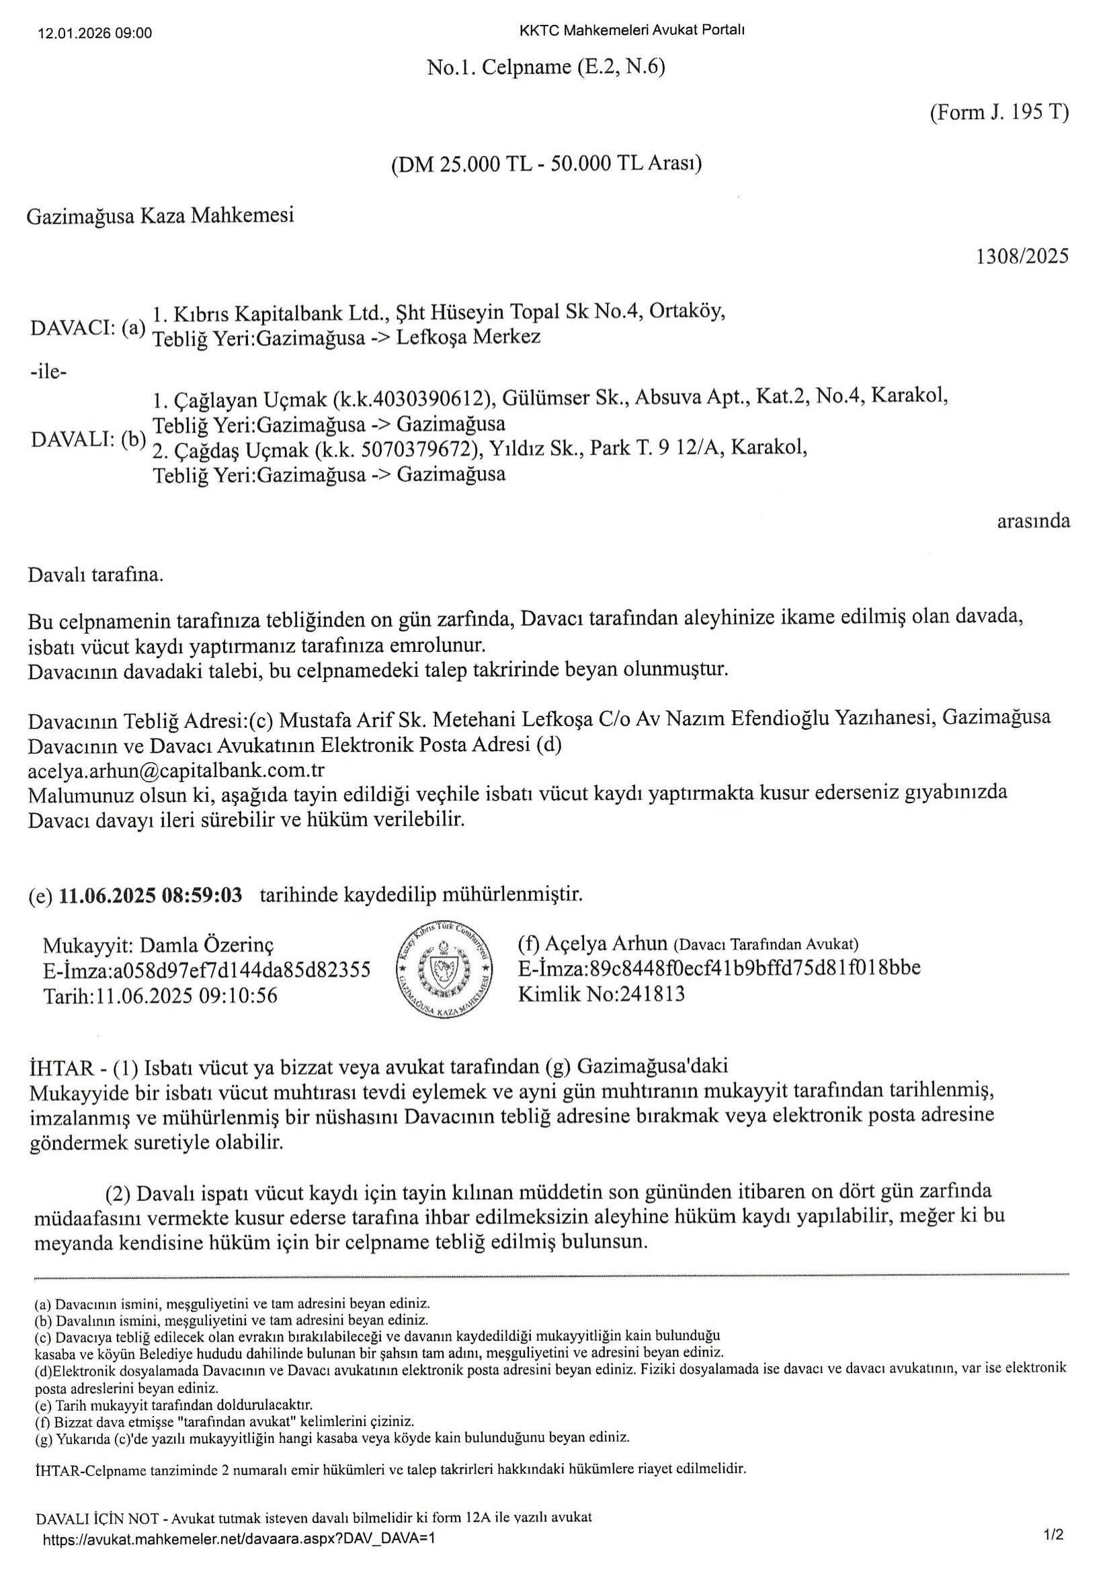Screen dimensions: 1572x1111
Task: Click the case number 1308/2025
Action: (1022, 256)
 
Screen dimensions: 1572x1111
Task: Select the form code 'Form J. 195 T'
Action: (999, 112)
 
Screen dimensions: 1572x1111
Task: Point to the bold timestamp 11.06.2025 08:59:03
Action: (151, 895)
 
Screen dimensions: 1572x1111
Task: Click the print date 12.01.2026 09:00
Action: (96, 33)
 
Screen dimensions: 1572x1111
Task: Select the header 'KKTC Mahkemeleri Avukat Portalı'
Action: (632, 30)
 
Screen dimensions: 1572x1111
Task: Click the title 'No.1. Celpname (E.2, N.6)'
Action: (546, 67)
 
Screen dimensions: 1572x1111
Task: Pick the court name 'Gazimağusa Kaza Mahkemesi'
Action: (160, 216)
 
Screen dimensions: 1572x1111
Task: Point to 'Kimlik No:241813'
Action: (601, 994)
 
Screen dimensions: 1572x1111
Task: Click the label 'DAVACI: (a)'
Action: (88, 327)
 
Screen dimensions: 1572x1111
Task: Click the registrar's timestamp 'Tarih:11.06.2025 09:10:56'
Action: (160, 995)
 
